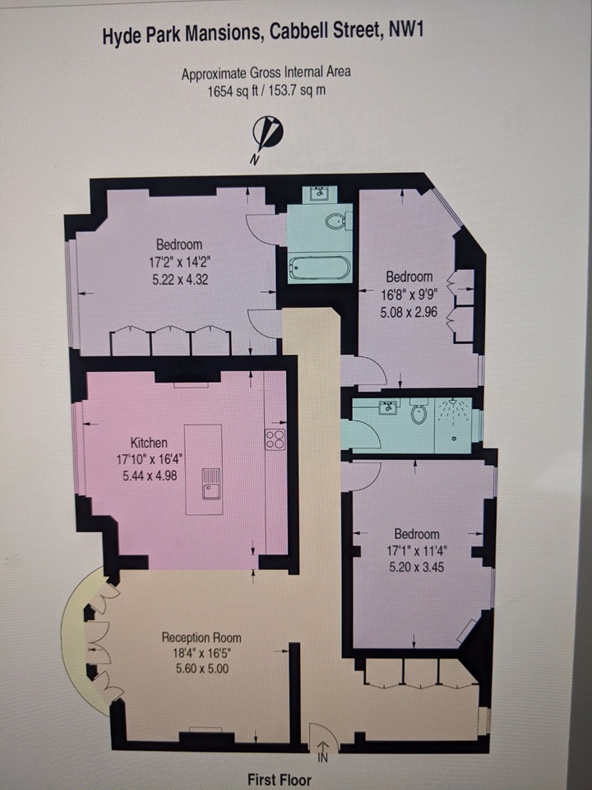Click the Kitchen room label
(x=148, y=443)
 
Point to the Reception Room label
(x=201, y=638)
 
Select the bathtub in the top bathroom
(x=319, y=267)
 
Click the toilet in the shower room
(x=419, y=412)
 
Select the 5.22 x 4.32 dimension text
(x=179, y=280)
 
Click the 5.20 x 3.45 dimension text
(x=416, y=567)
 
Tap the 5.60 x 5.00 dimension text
(x=201, y=669)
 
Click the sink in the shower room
(x=386, y=408)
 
